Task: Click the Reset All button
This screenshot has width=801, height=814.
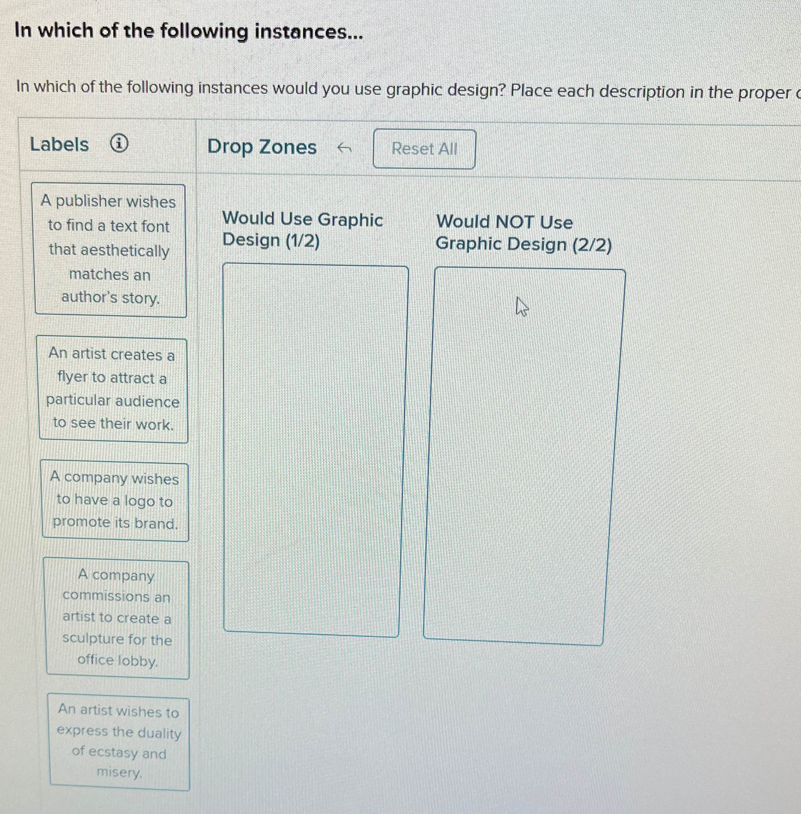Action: coord(424,149)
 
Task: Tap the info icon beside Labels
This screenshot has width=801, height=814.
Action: coord(119,144)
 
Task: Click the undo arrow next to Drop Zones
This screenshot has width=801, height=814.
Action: coord(345,148)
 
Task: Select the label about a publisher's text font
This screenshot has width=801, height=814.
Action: coord(110,250)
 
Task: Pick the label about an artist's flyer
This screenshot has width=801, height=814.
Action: coord(113,389)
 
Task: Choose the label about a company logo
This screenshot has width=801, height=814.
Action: coord(115,501)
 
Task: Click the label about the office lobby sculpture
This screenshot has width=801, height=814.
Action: coord(117,619)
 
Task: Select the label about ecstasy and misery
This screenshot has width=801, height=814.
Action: coord(119,742)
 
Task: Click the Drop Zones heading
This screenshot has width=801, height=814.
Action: coord(262,147)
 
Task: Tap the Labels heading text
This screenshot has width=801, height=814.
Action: coord(59,145)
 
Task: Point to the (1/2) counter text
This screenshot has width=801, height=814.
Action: coord(303,241)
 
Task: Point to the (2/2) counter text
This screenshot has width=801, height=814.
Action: coord(591,244)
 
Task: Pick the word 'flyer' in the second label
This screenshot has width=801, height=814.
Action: coord(72,378)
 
